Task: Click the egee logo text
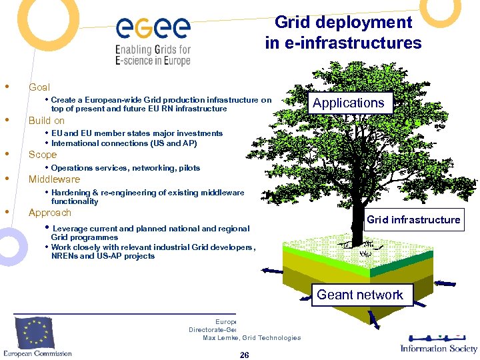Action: click(x=153, y=28)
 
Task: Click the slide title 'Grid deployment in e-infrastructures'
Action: click(x=343, y=33)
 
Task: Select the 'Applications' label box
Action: click(x=348, y=103)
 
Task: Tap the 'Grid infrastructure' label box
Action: click(x=413, y=219)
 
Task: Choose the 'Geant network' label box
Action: click(x=360, y=295)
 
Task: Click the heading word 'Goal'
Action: click(x=39, y=87)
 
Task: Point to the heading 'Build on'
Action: click(x=47, y=121)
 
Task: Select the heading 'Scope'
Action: click(x=43, y=155)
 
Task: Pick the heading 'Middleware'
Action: click(x=54, y=179)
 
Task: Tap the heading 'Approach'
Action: click(x=49, y=213)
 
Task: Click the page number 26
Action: click(x=244, y=355)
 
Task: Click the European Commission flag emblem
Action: click(x=37, y=331)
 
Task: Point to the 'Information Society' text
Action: click(x=439, y=348)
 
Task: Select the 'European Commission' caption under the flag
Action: click(x=37, y=353)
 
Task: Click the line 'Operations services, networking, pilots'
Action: click(x=125, y=168)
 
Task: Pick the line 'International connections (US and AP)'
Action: click(x=124, y=143)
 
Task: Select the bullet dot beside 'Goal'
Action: click(x=7, y=87)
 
